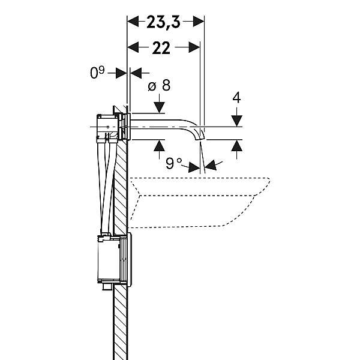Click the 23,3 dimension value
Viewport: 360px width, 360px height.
[163, 22]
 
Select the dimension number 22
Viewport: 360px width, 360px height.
[161, 48]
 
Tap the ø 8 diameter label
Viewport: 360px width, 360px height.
[159, 85]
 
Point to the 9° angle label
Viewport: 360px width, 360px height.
[173, 163]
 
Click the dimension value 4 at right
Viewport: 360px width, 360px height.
[236, 97]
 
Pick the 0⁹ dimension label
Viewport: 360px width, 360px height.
[97, 73]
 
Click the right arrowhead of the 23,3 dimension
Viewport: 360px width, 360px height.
[199, 22]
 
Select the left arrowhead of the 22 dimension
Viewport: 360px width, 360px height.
[133, 47]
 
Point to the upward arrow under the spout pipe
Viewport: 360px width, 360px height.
[160, 149]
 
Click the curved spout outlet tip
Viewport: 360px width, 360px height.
[200, 138]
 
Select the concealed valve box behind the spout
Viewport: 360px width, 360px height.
[107, 127]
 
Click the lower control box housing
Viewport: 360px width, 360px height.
[109, 259]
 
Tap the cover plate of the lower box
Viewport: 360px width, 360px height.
[129, 259]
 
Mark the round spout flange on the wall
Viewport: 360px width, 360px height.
[129, 127]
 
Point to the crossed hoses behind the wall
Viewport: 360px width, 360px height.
[107, 187]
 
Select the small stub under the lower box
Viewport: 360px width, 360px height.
[107, 287]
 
